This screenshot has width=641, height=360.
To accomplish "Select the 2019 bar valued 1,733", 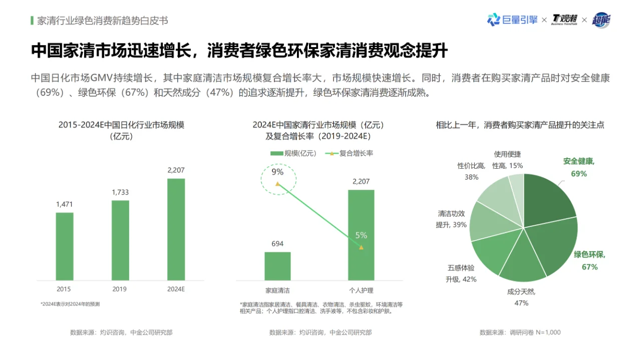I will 120,240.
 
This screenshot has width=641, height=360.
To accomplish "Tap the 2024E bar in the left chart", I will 176,229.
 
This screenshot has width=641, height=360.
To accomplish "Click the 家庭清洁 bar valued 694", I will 277,266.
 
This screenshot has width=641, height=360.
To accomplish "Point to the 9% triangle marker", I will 277,184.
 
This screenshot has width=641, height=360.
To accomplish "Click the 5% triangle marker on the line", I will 361,247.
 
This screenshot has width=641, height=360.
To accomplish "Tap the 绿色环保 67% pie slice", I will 551,245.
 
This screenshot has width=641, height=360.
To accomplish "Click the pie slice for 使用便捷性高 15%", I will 517,188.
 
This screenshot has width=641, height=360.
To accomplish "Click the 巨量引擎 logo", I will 512,20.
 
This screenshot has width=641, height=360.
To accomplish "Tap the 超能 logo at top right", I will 601,20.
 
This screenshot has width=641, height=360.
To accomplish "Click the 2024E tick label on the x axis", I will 176,289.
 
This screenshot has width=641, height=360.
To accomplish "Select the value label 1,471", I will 65,204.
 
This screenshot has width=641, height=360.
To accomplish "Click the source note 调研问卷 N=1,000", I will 520,332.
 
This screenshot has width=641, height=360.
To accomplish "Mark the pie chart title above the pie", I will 520,125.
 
